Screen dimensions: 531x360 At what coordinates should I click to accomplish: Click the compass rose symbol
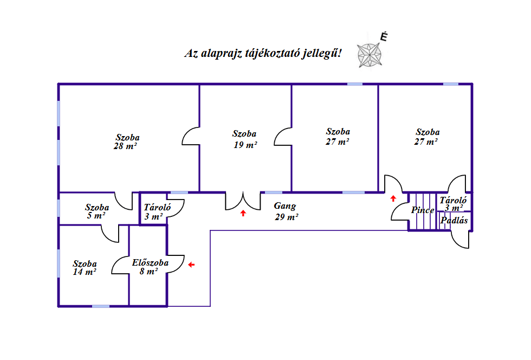pos(370,55)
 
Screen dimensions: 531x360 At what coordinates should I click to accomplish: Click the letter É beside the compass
pos(384,37)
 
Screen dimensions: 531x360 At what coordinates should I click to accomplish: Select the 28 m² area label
pos(125,146)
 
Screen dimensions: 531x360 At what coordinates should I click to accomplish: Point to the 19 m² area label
pos(245,145)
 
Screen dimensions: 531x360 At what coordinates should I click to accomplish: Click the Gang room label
pos(285,206)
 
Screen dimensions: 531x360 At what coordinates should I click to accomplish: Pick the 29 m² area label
pos(287,217)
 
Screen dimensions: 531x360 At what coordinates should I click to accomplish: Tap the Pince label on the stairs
pos(423,210)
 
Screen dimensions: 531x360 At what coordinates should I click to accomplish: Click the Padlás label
pos(454,220)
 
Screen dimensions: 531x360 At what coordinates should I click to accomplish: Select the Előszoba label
pos(151,263)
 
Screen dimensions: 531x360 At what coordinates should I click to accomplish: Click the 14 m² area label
pos(85,272)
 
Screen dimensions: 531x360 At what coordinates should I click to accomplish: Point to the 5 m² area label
pos(96,216)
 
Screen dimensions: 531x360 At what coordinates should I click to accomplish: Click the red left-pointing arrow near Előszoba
pos(191,265)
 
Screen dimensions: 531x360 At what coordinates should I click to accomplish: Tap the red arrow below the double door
pos(243,213)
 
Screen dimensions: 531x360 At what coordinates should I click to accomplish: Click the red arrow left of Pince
pos(393,198)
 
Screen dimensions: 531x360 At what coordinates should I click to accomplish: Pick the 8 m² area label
pos(148,272)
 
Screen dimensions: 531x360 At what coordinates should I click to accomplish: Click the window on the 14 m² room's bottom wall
pos(101,306)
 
